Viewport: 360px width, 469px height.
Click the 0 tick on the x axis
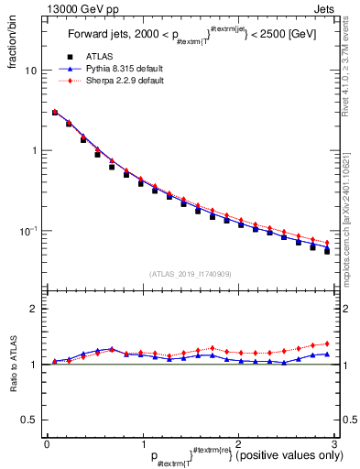(x=47, y=442)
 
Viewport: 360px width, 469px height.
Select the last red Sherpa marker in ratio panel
(x=326, y=344)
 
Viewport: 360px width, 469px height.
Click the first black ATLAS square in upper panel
(x=55, y=113)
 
